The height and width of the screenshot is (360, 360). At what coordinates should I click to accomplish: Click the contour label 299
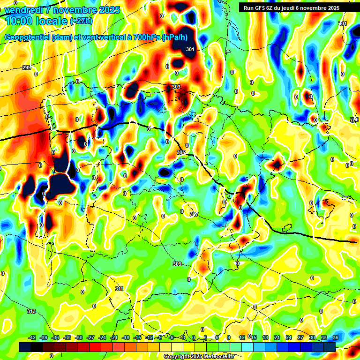(27, 68)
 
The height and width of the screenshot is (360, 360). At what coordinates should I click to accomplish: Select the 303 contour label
(176, 87)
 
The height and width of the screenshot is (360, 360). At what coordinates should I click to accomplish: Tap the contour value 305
(181, 152)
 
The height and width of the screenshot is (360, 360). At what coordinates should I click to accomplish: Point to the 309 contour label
(177, 264)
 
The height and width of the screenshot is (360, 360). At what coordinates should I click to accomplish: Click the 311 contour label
(120, 289)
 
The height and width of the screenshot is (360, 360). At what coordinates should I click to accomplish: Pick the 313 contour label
(31, 311)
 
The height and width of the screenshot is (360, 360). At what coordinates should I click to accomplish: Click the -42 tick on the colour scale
(32, 337)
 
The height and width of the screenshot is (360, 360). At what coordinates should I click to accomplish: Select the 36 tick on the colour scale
(336, 337)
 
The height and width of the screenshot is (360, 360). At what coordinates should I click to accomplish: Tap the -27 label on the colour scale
(91, 337)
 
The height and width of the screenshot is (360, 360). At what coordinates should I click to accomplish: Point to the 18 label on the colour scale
(265, 337)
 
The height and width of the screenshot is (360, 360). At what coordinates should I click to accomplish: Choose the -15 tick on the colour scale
(138, 337)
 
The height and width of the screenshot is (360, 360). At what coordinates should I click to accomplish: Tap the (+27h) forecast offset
(81, 21)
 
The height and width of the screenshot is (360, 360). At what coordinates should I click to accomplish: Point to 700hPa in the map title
(147, 37)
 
